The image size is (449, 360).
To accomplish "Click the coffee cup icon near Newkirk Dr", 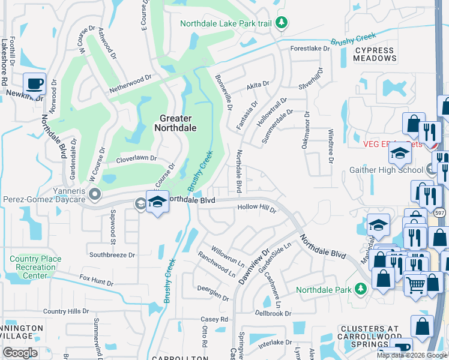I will point(34,83).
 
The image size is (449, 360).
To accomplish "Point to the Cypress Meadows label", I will point(375,55).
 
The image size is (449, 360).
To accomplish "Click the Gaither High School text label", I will point(387,170).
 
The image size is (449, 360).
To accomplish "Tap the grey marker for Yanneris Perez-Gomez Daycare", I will point(94,194).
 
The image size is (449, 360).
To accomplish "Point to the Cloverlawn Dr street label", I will point(136,159).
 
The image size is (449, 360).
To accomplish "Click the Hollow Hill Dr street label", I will point(257,208).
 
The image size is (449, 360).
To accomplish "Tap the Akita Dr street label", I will point(258,85).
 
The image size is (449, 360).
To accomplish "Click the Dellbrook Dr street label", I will point(273,313).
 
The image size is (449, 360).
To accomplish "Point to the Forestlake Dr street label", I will point(310,48).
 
